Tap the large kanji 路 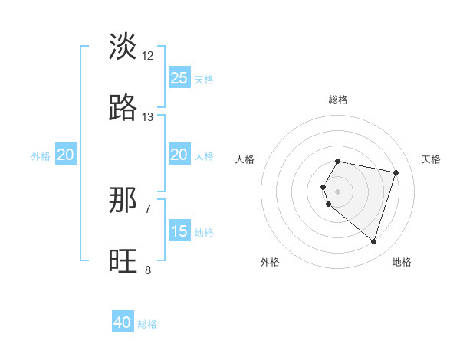click(123, 109)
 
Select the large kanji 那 click(123, 201)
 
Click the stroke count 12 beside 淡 click(148, 55)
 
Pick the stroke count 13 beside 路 click(148, 117)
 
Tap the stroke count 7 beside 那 click(148, 208)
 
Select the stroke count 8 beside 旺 click(148, 270)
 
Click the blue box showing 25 click(179, 77)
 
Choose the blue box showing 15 click(179, 231)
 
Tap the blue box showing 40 click(123, 322)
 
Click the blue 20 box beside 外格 click(65, 155)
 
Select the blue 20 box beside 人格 click(179, 155)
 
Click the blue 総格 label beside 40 click(147, 324)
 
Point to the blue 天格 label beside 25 click(204, 79)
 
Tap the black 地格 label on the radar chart click(402, 262)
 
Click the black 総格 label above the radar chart click(338, 100)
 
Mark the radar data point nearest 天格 click(396, 172)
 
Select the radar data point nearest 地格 click(373, 241)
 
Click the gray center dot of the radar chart click(338, 191)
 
